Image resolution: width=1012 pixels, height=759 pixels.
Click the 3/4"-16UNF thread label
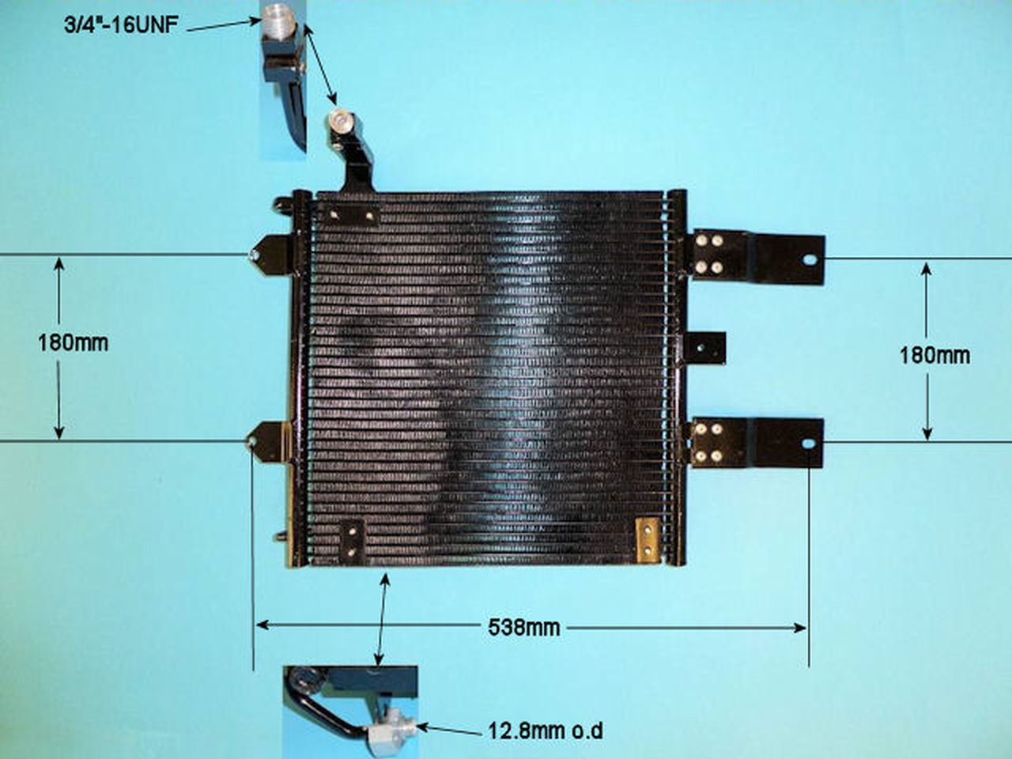[x=121, y=27]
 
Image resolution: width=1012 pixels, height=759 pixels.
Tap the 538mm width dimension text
[x=523, y=628]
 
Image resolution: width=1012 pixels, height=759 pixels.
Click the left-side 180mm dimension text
[x=73, y=342]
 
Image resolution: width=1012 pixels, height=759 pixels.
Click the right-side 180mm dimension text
[x=934, y=354]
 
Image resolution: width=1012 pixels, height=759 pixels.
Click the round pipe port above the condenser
[x=340, y=121]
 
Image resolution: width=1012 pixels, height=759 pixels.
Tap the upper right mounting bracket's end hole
[x=808, y=259]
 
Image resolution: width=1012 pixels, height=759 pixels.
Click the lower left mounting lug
[x=266, y=440]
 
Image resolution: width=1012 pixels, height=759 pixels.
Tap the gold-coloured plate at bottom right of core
[x=648, y=539]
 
